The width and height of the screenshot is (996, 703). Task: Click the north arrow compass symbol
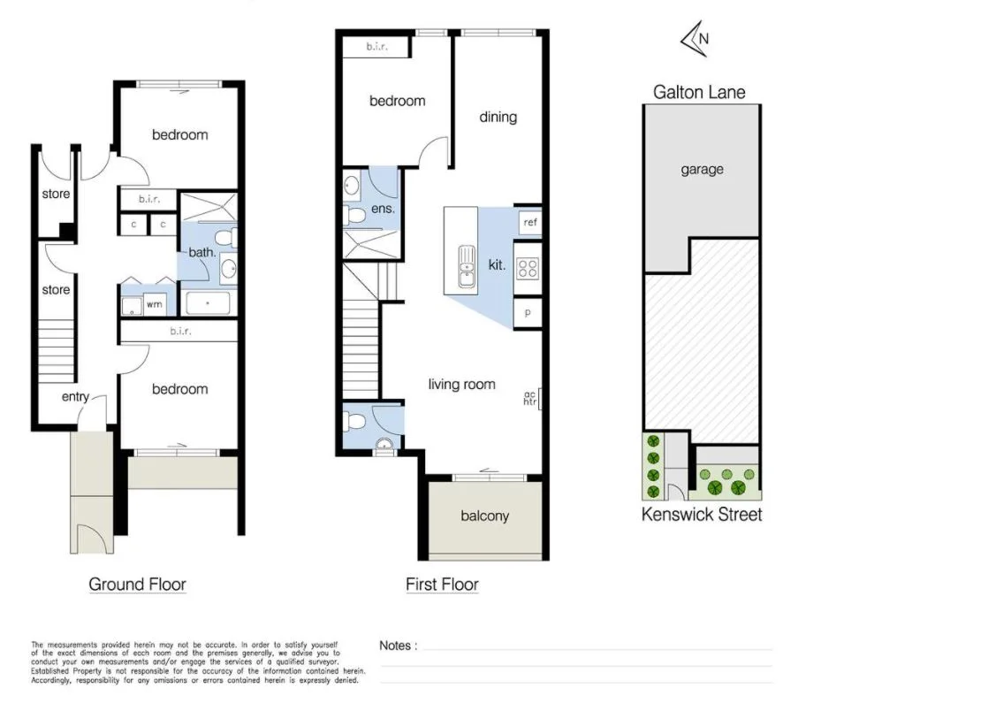(696, 40)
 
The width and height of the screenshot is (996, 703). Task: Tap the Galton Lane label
(698, 92)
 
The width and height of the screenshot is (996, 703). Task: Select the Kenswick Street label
(701, 514)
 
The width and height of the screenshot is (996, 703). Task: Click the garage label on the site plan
(702, 169)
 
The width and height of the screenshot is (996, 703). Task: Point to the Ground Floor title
(137, 584)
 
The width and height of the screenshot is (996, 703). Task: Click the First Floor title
(442, 584)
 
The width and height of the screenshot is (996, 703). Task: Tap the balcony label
(484, 516)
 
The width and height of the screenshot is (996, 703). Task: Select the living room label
(461, 384)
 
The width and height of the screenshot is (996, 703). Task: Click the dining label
(498, 117)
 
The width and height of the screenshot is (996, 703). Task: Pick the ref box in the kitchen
(530, 222)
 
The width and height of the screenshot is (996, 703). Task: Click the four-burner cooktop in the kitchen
(528, 267)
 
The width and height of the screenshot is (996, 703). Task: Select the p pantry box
(528, 313)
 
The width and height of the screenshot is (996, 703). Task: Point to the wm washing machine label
(154, 304)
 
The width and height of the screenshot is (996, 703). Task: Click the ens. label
(383, 210)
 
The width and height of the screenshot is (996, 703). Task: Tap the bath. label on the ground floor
(202, 252)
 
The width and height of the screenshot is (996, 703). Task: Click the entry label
(75, 397)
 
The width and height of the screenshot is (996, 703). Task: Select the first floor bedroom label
(397, 101)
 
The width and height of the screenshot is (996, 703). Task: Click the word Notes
(395, 646)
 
